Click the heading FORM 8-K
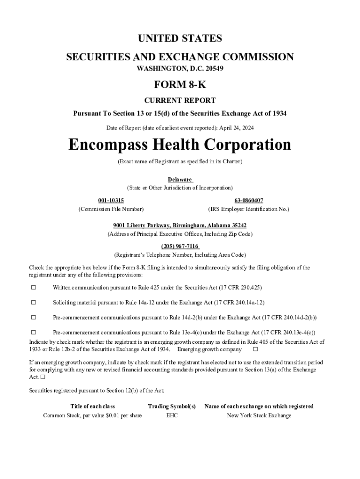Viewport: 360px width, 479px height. tap(180, 85)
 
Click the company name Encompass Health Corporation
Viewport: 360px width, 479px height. tap(180, 145)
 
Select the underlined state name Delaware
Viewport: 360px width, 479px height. tap(180, 180)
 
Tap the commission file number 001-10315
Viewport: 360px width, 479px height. tap(111, 200)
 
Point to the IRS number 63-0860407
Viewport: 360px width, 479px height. tap(248, 200)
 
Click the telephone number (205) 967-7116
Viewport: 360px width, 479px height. tap(180, 247)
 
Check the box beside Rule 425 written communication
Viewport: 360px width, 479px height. tap(34, 287)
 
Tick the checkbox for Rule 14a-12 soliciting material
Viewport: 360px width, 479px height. tap(34, 303)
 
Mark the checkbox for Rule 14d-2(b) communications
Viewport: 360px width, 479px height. tap(34, 318)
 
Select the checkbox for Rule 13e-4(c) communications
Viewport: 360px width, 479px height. tap(34, 333)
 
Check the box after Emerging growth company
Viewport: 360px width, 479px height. tap(255, 349)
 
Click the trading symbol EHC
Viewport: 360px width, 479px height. tap(172, 415)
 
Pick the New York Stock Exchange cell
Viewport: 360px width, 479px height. tap(259, 415)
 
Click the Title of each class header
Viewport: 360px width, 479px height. tap(93, 406)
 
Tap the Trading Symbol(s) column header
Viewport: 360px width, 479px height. tap(172, 406)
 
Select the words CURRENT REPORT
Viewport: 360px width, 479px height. tap(180, 101)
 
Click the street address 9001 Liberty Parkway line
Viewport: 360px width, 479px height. tap(180, 225)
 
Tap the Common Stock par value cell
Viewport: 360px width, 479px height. tap(93, 415)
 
